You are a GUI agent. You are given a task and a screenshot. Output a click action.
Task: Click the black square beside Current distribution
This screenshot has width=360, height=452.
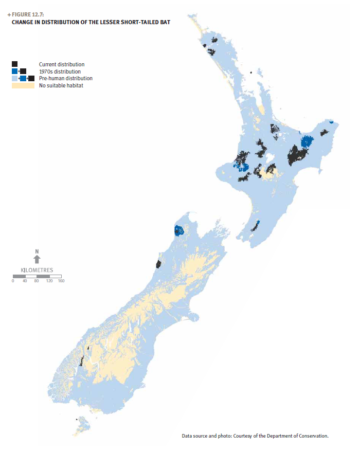click(x=14, y=64)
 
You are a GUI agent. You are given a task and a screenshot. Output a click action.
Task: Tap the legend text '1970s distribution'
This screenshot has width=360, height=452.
click(x=60, y=71)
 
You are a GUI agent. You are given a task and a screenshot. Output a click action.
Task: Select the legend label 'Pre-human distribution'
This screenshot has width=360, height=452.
click(x=65, y=78)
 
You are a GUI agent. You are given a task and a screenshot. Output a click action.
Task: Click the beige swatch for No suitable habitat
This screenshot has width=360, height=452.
click(x=23, y=85)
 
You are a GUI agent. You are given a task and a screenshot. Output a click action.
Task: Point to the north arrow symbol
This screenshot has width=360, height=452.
click(x=37, y=260)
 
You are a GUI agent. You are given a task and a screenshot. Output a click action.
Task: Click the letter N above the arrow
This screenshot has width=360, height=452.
click(x=37, y=251)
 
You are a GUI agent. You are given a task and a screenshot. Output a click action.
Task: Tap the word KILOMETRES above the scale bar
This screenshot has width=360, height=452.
click(x=37, y=270)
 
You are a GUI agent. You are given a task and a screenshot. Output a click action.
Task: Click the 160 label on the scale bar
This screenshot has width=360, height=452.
click(x=61, y=281)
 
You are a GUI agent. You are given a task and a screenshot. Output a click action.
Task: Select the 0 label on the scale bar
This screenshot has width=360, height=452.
click(x=13, y=281)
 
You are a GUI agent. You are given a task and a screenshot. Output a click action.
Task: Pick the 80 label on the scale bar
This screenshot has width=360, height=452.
click(x=37, y=281)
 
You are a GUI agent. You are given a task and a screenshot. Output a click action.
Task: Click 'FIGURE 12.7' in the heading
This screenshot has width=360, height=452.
click(x=30, y=14)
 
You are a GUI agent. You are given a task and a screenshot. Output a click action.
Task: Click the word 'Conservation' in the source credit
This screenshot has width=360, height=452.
click(x=313, y=436)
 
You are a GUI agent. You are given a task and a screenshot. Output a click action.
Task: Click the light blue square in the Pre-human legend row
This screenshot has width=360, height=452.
click(x=14, y=78)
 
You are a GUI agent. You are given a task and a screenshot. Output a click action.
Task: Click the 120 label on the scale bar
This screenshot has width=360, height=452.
click(x=49, y=281)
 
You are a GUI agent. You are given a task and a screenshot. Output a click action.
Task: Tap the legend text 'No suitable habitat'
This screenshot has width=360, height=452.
click(x=61, y=85)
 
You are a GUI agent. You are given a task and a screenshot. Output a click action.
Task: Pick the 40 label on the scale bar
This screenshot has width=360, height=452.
click(x=25, y=281)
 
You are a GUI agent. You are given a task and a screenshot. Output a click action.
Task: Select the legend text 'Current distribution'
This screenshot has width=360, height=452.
click(x=61, y=64)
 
